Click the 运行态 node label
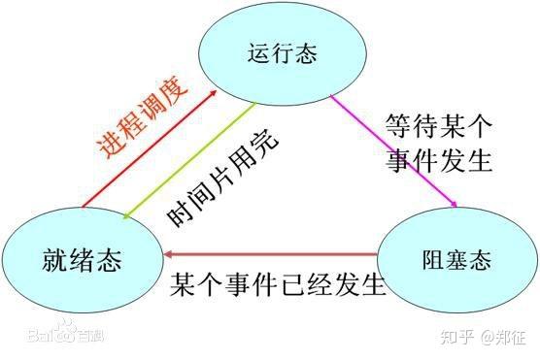(x=283, y=53)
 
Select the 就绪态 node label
(x=82, y=260)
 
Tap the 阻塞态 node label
(x=456, y=259)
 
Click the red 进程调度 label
(x=142, y=116)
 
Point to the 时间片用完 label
(x=222, y=178)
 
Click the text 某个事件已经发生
(x=277, y=284)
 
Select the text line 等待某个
(x=439, y=126)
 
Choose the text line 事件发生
(x=439, y=160)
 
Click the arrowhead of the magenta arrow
(x=454, y=204)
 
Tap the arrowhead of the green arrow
(x=126, y=216)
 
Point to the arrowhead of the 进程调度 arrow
(x=214, y=93)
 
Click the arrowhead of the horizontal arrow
(x=168, y=255)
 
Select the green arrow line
(x=189, y=160)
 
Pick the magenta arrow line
(x=393, y=150)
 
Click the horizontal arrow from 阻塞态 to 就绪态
(x=271, y=255)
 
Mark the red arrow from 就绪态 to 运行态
(x=150, y=149)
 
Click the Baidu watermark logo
(x=65, y=333)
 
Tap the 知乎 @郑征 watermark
(x=483, y=337)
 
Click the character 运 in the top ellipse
(x=258, y=53)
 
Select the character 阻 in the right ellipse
(x=433, y=259)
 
